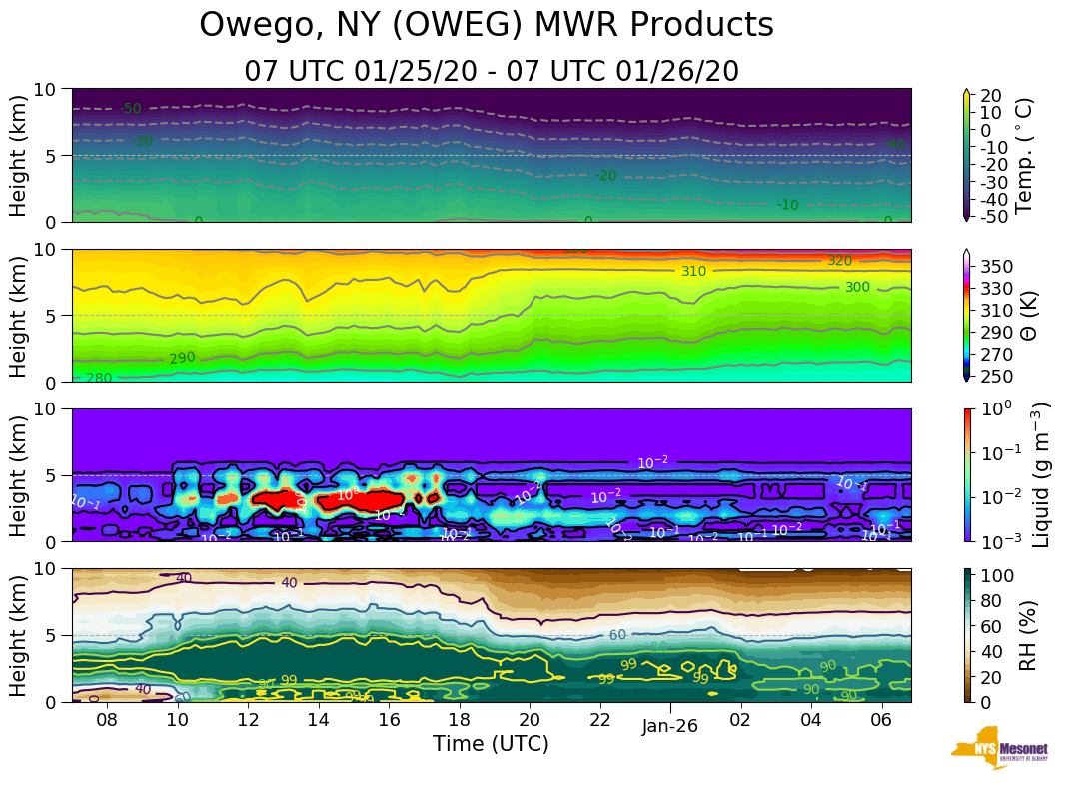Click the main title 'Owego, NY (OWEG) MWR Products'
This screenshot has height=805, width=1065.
487,26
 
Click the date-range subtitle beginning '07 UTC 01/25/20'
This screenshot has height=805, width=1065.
492,72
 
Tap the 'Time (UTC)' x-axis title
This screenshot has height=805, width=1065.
491,744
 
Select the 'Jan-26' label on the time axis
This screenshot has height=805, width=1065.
669,727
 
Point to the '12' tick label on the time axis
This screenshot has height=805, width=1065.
248,721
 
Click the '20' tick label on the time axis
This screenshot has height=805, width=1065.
530,721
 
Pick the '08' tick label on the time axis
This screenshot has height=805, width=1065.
107,721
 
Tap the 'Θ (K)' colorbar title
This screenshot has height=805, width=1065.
1026,316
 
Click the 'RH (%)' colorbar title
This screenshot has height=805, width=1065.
1026,635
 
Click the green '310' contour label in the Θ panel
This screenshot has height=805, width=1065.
693,271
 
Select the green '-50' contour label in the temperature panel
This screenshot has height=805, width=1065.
130,109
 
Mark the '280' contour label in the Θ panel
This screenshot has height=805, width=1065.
99,378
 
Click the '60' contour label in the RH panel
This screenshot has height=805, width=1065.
617,635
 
